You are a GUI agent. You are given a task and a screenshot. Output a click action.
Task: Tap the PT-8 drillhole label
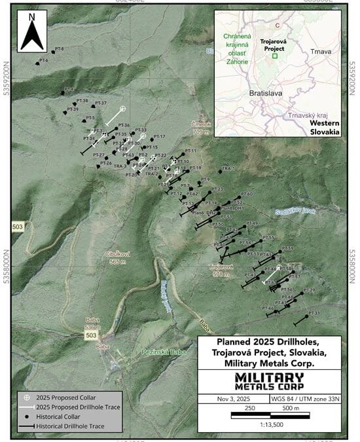click(x=59, y=48)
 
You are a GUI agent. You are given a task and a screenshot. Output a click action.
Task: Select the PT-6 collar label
click(x=44, y=60)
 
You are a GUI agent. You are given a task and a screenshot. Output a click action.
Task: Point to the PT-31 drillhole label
click(x=314, y=314)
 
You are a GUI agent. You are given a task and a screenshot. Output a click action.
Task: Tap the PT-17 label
click(x=160, y=136)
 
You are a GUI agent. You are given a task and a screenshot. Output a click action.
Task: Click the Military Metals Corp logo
click(x=269, y=380)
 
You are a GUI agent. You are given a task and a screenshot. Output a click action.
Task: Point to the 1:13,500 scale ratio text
click(x=269, y=422)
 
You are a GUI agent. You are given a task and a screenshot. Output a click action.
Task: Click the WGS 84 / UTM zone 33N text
click(x=305, y=397)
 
